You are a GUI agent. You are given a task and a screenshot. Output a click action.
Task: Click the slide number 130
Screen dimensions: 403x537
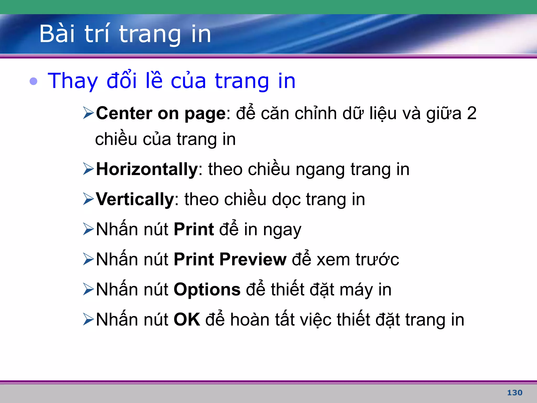click(514, 393)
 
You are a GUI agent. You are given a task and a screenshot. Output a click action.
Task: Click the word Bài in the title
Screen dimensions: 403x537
click(57, 34)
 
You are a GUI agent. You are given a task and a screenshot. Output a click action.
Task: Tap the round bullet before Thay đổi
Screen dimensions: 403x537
click(34, 81)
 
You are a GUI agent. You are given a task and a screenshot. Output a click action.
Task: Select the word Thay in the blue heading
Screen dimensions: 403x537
click(73, 81)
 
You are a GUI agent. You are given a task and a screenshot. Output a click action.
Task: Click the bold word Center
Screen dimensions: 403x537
click(124, 113)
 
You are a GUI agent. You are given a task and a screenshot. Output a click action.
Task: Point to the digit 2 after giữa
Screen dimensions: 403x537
click(471, 113)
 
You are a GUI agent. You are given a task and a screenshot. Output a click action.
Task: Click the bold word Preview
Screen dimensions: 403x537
click(253, 259)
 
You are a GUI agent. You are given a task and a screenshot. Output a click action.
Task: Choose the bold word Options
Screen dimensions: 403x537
click(207, 290)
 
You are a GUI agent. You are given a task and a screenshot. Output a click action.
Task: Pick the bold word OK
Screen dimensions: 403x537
click(187, 320)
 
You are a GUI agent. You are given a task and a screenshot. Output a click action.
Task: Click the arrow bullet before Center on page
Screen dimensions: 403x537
click(88, 113)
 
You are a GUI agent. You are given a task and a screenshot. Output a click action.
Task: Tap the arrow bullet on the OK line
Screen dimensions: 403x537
click(88, 319)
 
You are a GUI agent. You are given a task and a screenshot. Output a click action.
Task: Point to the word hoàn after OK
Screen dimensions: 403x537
click(250, 320)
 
